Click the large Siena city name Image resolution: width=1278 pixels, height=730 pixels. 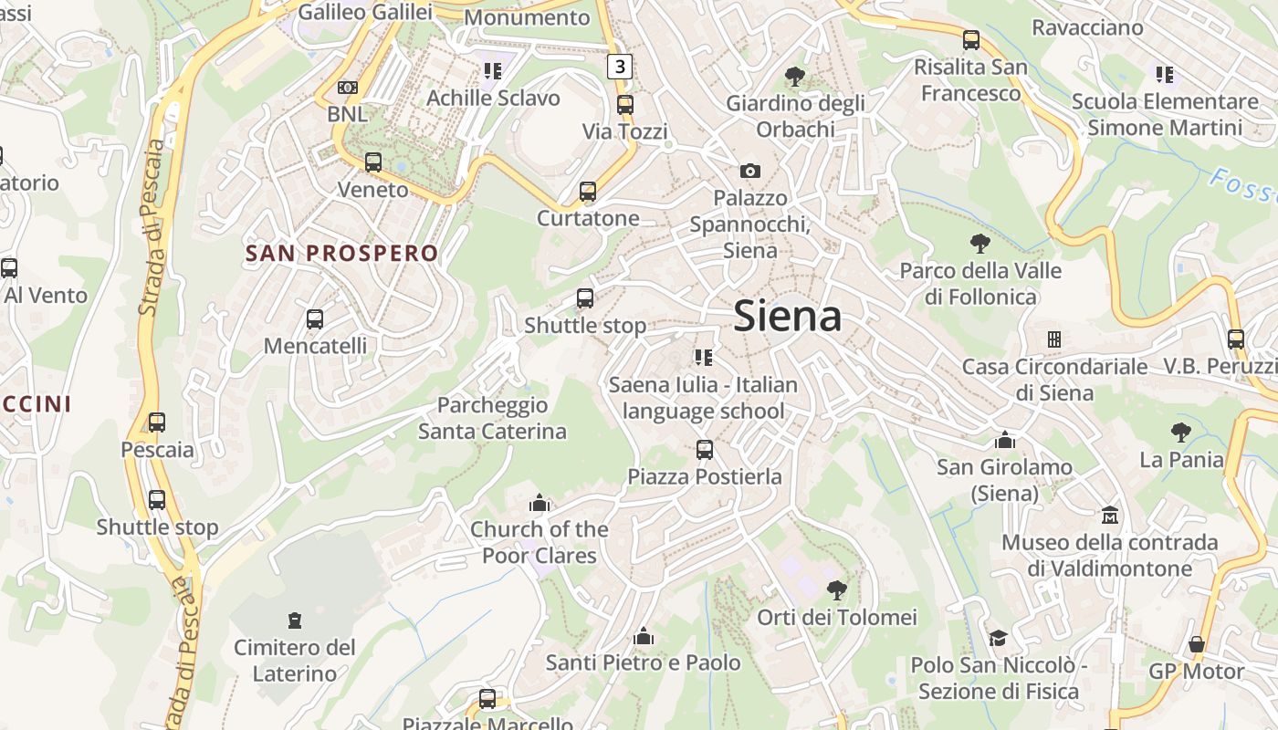(787, 316)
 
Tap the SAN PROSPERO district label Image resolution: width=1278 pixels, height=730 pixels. (341, 253)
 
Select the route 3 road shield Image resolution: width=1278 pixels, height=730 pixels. (620, 66)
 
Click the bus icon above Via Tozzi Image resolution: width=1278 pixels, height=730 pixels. (625, 105)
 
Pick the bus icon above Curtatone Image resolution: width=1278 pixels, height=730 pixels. (588, 192)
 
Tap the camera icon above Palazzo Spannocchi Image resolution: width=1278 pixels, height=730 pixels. (750, 171)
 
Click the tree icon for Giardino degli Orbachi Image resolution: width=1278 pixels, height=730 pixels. (795, 77)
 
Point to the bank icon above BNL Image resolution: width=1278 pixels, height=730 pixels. (347, 88)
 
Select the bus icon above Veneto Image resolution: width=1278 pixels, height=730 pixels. (373, 162)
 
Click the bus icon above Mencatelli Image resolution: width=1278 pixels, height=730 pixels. (315, 319)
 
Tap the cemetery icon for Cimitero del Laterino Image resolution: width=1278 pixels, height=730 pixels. (294, 620)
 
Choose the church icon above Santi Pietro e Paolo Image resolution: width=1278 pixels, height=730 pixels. (644, 636)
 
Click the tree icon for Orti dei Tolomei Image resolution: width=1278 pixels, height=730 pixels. (836, 590)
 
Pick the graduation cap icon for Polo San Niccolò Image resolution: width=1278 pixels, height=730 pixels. (998, 638)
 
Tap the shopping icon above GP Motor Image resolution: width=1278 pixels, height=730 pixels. (1196, 644)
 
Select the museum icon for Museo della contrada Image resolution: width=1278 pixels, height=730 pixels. (1110, 516)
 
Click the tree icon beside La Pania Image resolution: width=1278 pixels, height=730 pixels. (1181, 433)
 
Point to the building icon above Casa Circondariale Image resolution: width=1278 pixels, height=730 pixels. (1054, 339)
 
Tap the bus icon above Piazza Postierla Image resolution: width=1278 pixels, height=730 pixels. (704, 449)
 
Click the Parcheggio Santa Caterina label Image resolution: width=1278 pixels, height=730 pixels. (492, 418)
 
